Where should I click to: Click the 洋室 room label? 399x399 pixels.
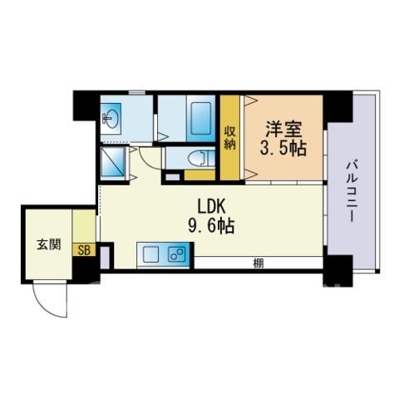(283, 130)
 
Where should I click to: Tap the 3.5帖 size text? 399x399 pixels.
(283, 148)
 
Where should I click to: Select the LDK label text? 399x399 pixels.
(211, 206)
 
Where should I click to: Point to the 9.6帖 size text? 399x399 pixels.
(211, 225)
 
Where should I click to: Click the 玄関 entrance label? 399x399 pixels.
(49, 244)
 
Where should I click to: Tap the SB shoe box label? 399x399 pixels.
(84, 250)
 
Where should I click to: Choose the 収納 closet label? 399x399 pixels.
(229, 138)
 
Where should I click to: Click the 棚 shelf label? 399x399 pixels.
(259, 264)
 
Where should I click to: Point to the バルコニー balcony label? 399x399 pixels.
(351, 190)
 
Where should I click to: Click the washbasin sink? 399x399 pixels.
(111, 119)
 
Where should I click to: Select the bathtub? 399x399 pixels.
(201, 118)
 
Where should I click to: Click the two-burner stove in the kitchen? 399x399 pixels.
(177, 254)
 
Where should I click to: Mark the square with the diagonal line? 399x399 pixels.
(113, 162)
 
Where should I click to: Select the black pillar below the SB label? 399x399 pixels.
(86, 269)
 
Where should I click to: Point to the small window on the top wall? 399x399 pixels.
(137, 92)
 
